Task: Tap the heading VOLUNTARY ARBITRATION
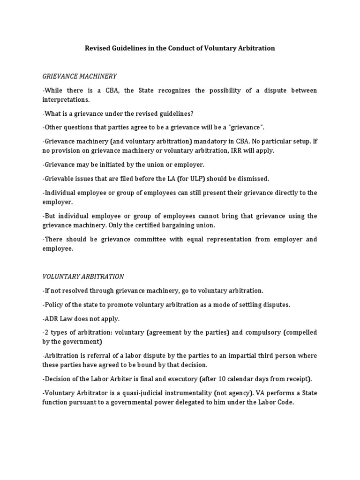tap(83, 277)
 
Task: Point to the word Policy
tap(53, 305)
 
